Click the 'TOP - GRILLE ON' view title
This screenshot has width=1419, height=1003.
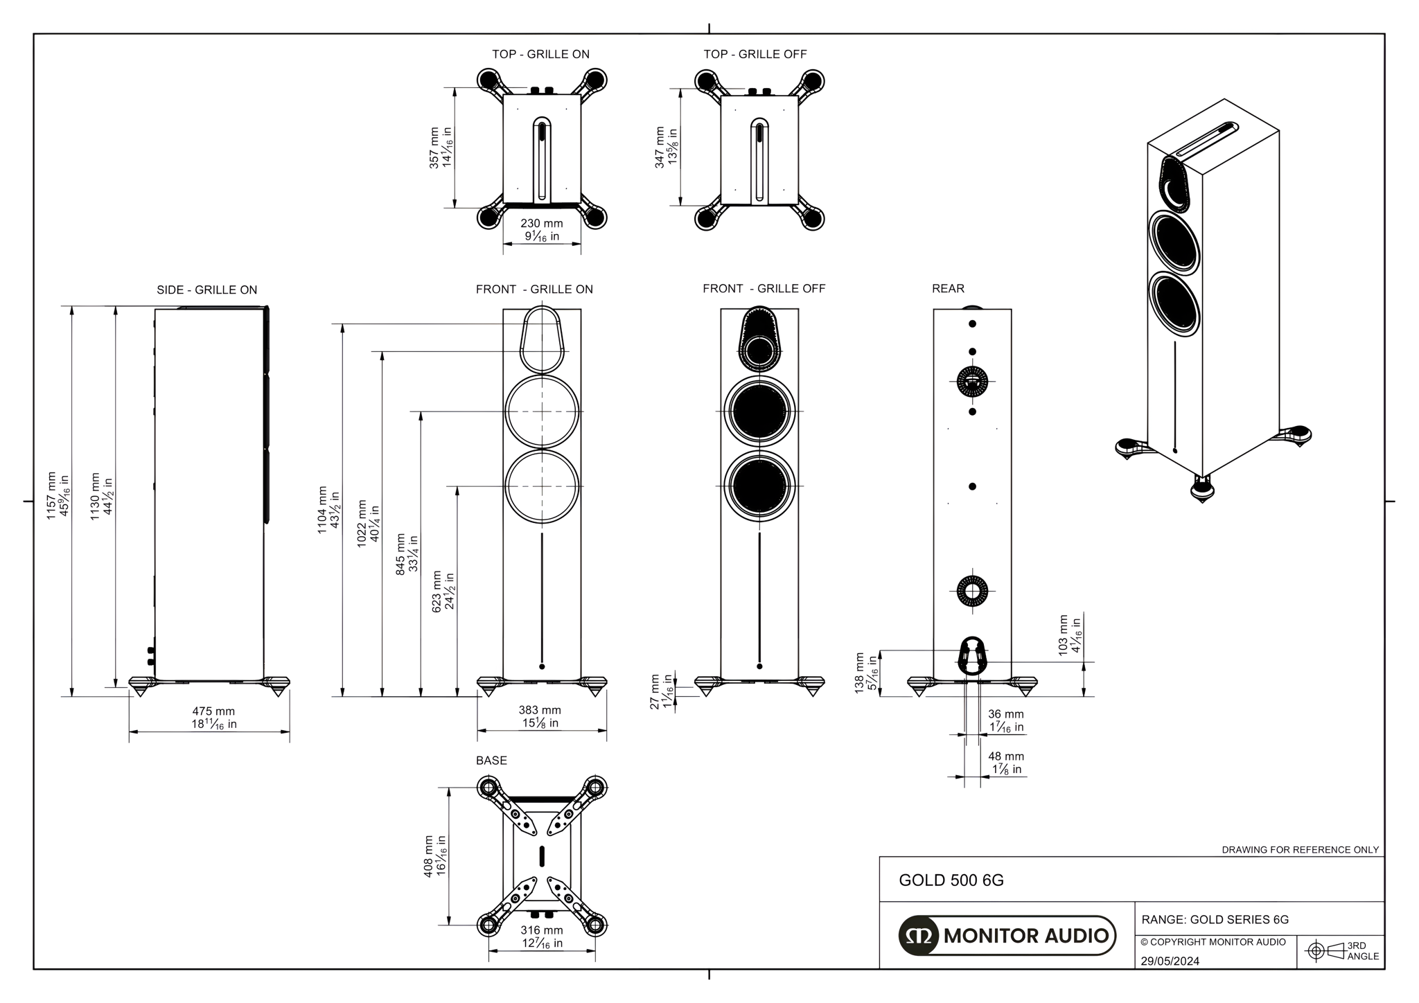point(540,54)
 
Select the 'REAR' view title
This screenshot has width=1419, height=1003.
point(947,288)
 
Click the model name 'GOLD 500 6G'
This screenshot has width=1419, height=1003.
point(951,880)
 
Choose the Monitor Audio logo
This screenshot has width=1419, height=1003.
point(1007,936)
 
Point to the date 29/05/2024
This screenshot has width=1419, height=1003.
point(1170,961)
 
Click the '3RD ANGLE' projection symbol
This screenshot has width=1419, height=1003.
point(1341,951)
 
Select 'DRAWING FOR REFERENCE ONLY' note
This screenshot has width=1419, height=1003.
point(1300,849)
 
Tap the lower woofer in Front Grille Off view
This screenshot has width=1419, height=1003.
point(759,486)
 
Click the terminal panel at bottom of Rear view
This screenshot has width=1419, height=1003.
point(972,655)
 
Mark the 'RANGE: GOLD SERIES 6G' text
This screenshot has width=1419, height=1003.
point(1215,920)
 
